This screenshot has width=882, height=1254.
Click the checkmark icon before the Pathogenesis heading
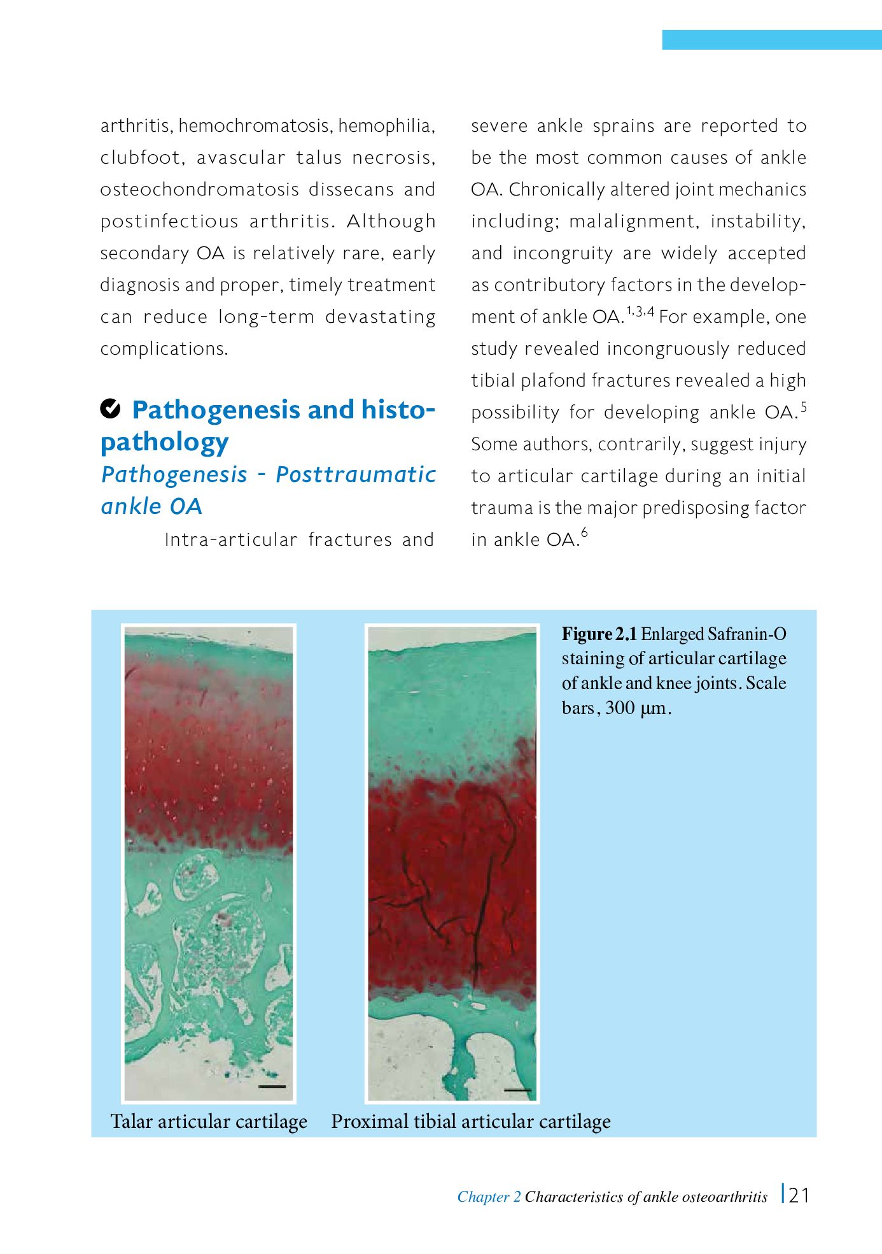pyautogui.click(x=110, y=408)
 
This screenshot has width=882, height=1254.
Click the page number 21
pyautogui.click(x=799, y=1195)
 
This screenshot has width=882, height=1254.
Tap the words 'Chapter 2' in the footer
pyautogui.click(x=489, y=1197)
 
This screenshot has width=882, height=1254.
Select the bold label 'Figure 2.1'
pyautogui.click(x=599, y=634)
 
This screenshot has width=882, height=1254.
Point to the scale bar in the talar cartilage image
pyautogui.click(x=272, y=1087)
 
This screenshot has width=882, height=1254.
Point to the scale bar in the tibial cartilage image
pyautogui.click(x=517, y=1090)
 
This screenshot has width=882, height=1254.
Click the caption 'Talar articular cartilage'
pyautogui.click(x=209, y=1122)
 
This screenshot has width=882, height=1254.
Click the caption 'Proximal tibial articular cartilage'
pyautogui.click(x=471, y=1122)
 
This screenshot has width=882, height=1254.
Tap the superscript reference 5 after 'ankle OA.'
pyautogui.click(x=804, y=406)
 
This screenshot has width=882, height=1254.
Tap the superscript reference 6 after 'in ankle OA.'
pyautogui.click(x=584, y=533)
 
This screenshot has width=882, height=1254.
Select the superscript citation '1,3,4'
pyautogui.click(x=640, y=311)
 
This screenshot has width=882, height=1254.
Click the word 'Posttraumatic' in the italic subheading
pyautogui.click(x=356, y=474)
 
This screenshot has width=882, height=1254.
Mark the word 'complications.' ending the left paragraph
pyautogui.click(x=164, y=349)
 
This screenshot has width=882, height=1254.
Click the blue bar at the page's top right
pyautogui.click(x=771, y=39)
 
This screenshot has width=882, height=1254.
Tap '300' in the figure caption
pyautogui.click(x=620, y=708)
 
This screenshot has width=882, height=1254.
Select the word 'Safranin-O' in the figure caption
pyautogui.click(x=746, y=634)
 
